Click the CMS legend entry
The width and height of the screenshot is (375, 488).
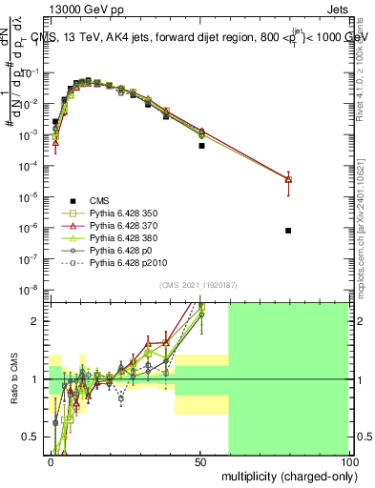click(99, 200)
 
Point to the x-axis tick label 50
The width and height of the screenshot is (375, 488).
click(199, 461)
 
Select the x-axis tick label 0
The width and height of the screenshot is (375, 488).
click(51, 461)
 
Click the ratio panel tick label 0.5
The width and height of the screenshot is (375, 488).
click(34, 437)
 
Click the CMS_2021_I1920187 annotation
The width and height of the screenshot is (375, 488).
click(198, 284)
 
